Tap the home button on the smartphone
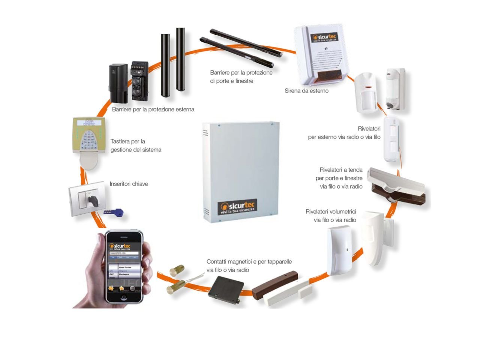coord(124,297)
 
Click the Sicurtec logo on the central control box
coord(237,207)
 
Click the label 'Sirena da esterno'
coord(306,91)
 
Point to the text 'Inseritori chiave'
coord(129,184)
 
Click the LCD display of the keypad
coord(89,123)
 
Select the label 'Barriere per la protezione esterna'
coord(153,109)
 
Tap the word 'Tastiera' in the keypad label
coord(120,141)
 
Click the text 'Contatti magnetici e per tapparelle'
coord(249,261)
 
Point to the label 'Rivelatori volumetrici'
coord(331,211)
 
